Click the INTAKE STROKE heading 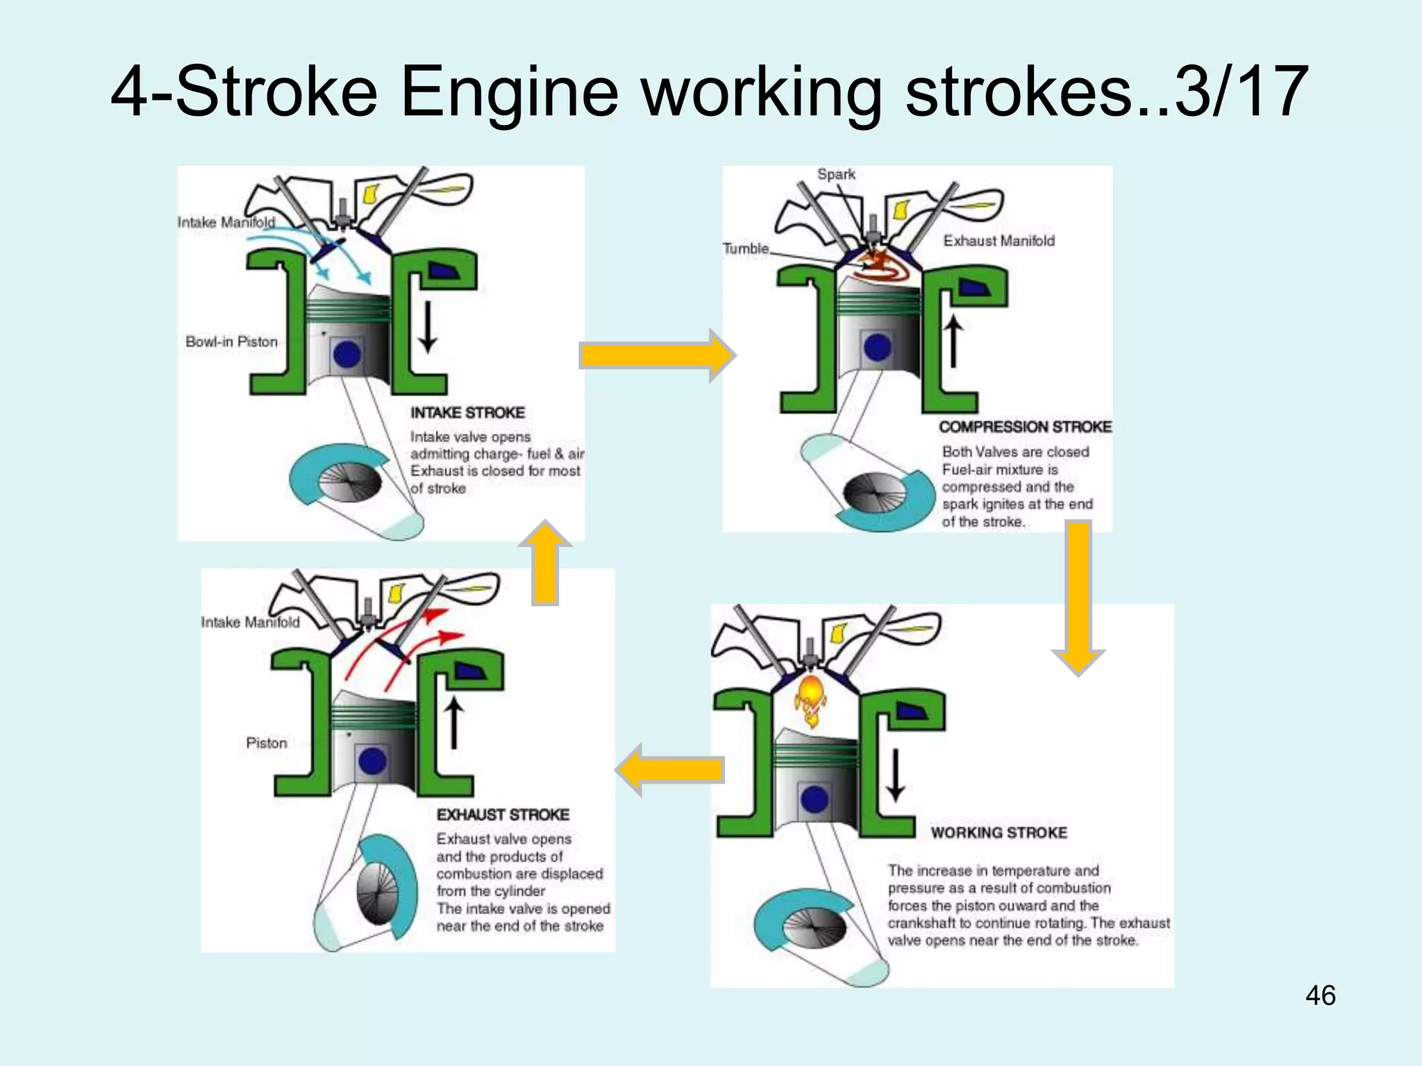467,413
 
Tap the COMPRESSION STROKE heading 1025,427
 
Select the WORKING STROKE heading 998,833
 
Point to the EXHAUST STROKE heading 503,815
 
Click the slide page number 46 1320,995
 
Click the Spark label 836,174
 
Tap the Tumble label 746,248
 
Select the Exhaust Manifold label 998,241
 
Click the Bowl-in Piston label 231,341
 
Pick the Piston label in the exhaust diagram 266,743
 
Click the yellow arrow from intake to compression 656,355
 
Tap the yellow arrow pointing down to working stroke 1078,597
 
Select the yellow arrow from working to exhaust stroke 671,770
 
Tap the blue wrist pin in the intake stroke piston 346,355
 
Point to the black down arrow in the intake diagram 428,327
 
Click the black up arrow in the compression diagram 954,341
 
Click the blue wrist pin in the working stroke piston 814,799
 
